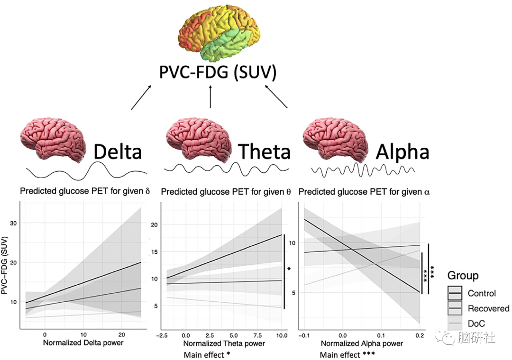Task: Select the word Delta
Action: pos(118,152)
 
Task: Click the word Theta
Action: pos(264,152)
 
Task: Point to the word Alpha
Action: pos(402,152)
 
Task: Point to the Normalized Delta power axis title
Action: pos(83,342)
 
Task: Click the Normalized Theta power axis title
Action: pos(224,343)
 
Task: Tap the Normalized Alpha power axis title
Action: pos(362,343)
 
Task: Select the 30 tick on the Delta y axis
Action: pos(13,222)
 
